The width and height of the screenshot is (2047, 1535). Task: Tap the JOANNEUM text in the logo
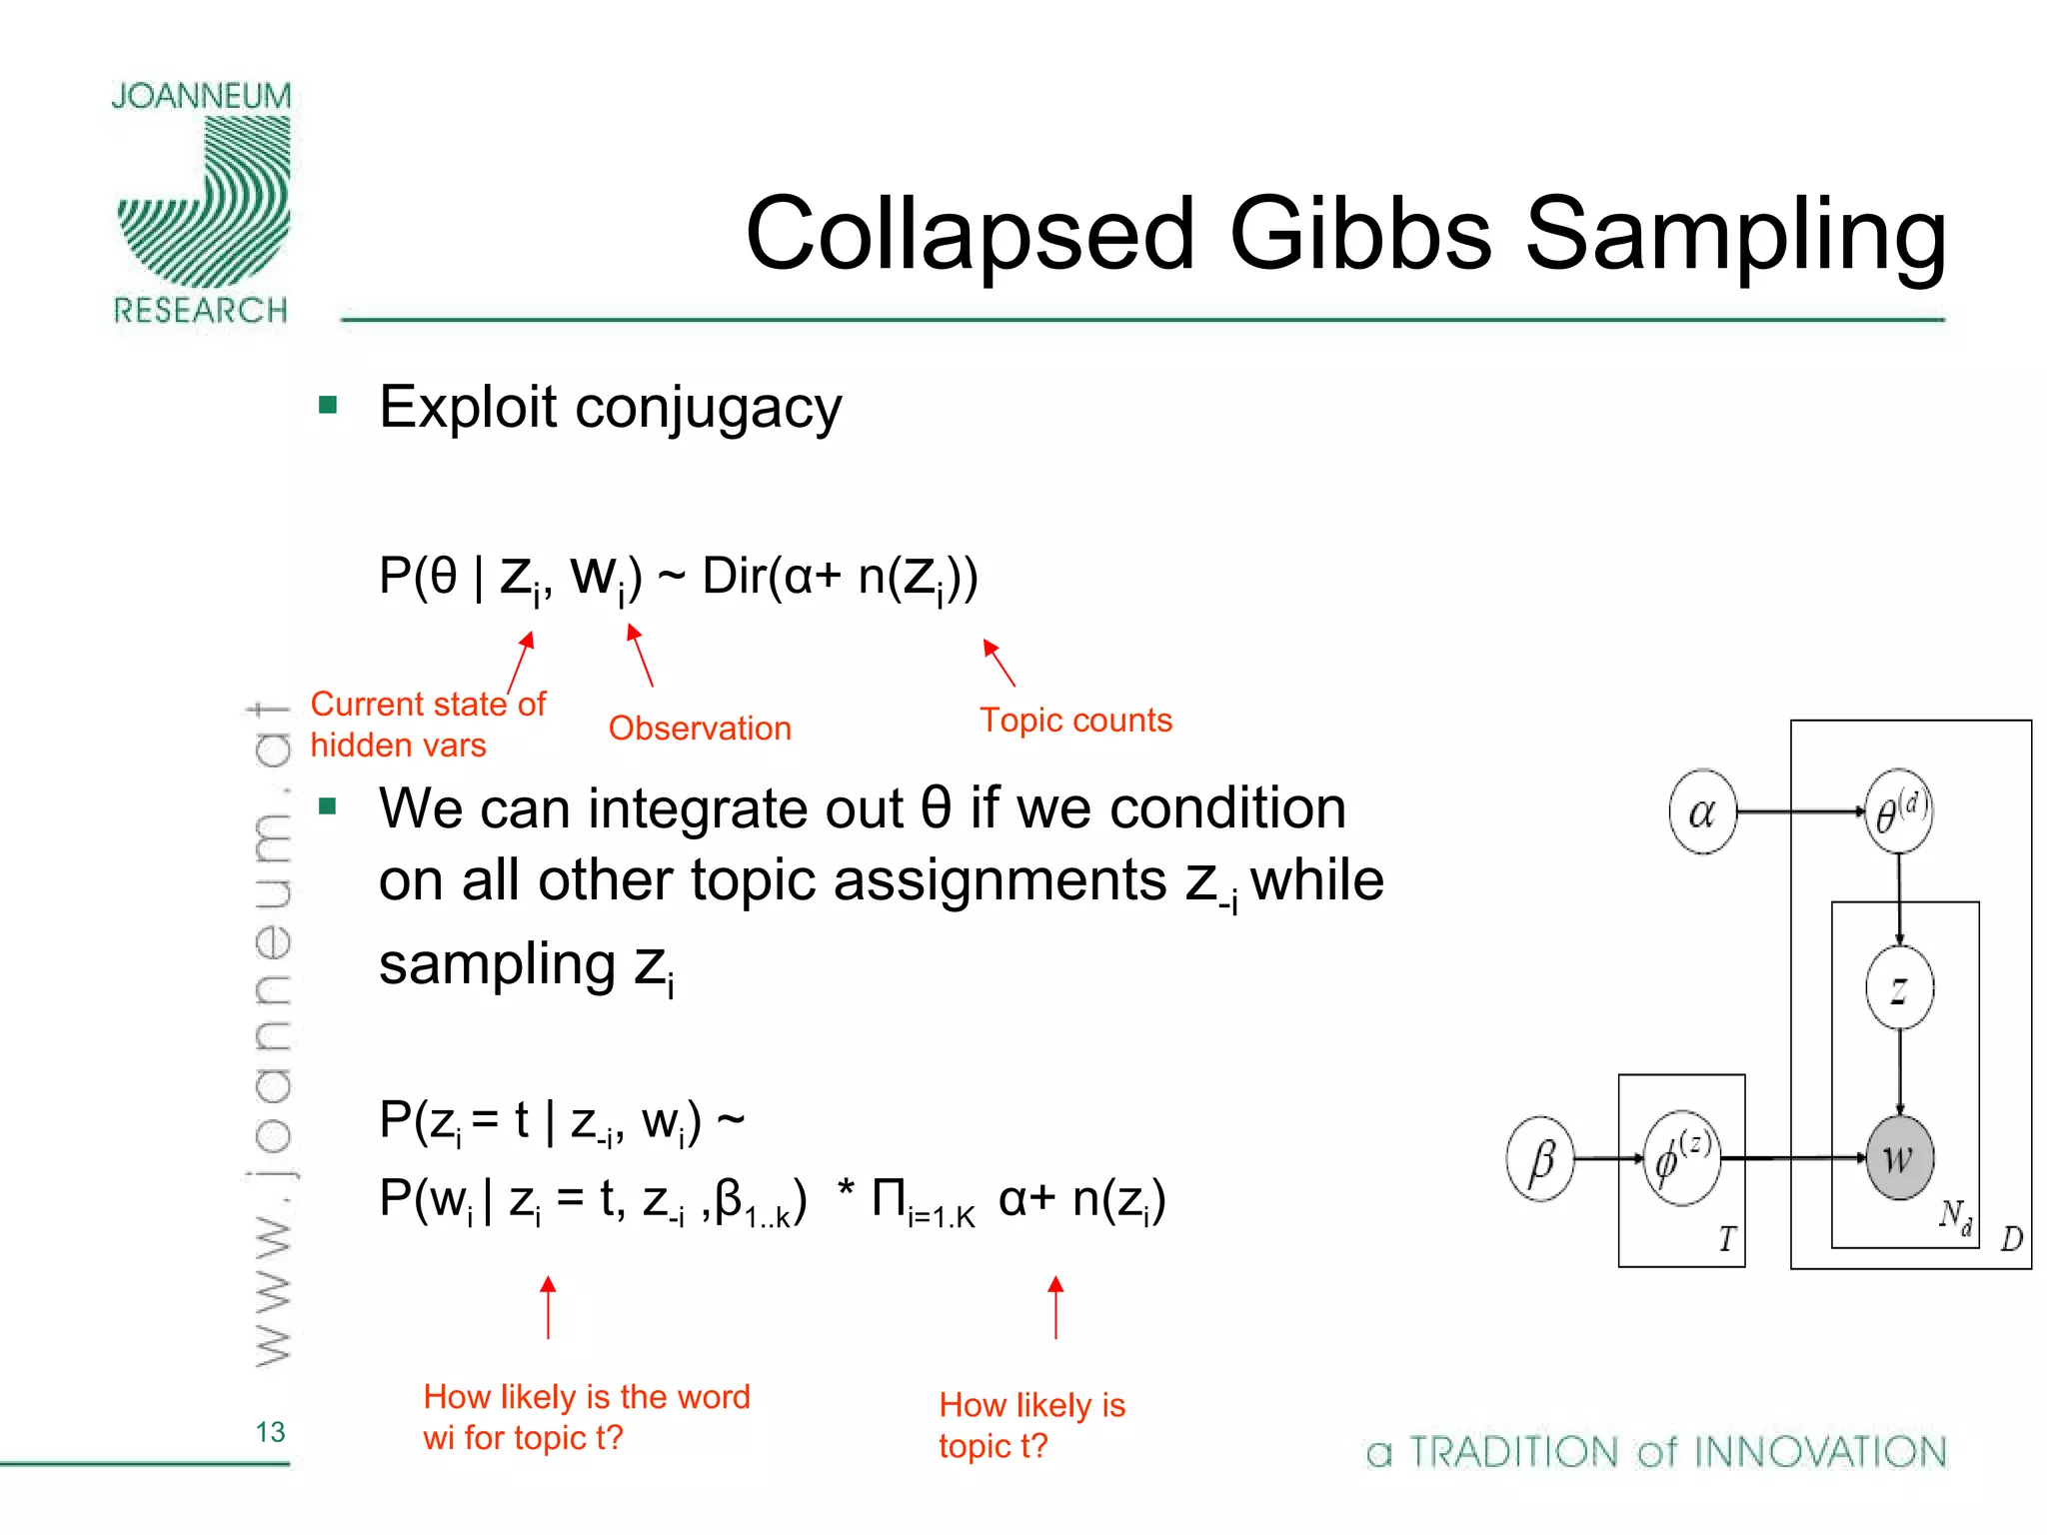click(x=201, y=97)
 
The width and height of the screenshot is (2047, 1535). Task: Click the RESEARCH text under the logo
click(x=201, y=311)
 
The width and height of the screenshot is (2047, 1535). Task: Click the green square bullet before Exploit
click(x=328, y=406)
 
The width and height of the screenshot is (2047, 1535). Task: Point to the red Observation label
click(x=700, y=729)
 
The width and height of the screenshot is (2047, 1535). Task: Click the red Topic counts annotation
click(x=1075, y=721)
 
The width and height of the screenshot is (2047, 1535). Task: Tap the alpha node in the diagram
click(x=1701, y=812)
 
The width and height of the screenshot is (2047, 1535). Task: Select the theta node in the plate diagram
click(x=1898, y=811)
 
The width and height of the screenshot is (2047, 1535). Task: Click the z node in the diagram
click(x=1899, y=988)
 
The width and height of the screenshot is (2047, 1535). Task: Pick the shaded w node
click(x=1899, y=1158)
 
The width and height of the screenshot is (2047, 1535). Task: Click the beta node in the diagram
click(x=1540, y=1159)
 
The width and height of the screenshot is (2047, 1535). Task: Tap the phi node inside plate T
click(x=1682, y=1158)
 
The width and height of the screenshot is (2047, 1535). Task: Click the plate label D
click(x=2011, y=1240)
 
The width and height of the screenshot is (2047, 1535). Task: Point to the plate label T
click(x=1726, y=1240)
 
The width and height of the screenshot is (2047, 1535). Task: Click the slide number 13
click(x=270, y=1432)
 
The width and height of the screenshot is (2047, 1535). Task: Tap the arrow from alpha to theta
click(x=1799, y=812)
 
